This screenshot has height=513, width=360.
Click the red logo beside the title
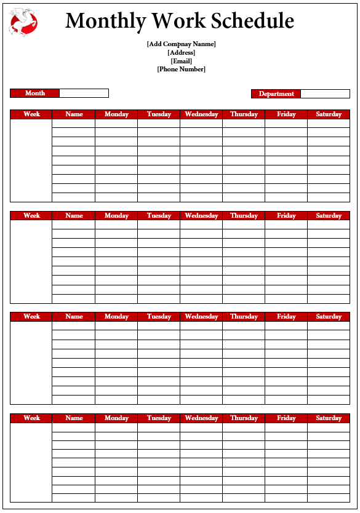23,22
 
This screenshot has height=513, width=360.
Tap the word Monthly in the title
106,22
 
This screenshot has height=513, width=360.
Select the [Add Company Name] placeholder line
181,44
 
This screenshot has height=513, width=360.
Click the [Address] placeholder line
181,52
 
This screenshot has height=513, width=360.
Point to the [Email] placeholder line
181,61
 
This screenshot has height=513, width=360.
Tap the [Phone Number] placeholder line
181,70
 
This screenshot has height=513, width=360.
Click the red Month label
35,93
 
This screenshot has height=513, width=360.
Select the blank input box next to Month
84,93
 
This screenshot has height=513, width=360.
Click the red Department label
276,94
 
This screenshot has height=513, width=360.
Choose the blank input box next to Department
325,94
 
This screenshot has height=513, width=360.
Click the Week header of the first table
31,114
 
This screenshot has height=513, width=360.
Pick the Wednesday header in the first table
201,114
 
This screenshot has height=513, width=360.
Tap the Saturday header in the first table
329,114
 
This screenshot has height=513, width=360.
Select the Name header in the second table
74,215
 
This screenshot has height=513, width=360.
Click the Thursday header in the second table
244,215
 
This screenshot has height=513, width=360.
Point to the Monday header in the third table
116,316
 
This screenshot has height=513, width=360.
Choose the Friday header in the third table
286,316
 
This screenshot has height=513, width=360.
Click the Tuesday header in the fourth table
159,418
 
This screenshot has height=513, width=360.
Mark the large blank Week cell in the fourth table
31,462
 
